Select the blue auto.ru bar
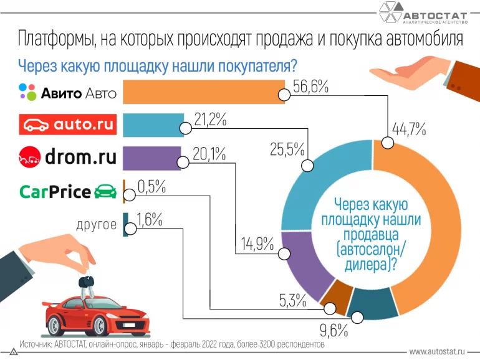(153, 125)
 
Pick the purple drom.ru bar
(151, 158)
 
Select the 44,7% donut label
(409, 130)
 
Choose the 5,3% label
(292, 302)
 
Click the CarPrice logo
(68, 191)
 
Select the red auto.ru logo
(68, 125)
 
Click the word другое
(96, 224)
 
